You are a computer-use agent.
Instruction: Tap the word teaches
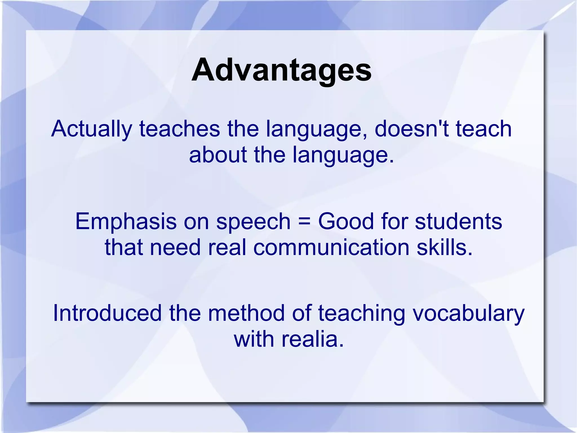(x=179, y=129)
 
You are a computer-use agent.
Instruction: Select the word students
(x=458, y=221)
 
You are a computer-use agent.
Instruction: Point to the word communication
(x=331, y=247)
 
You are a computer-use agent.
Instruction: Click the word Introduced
(x=107, y=313)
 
